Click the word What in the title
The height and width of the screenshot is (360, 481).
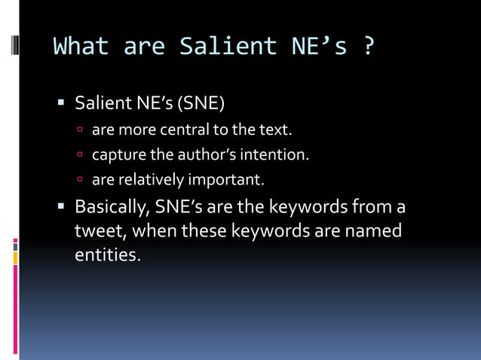click(x=81, y=46)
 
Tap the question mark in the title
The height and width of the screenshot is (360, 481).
click(x=368, y=46)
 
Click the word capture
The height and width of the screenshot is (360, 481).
click(x=119, y=155)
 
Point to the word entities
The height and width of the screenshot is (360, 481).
click(x=107, y=255)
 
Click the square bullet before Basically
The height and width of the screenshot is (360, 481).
click(x=61, y=206)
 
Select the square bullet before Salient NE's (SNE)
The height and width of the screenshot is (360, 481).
click(x=61, y=102)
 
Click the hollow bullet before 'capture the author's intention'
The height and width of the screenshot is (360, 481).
click(x=81, y=156)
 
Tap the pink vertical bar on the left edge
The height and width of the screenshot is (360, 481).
click(x=15, y=309)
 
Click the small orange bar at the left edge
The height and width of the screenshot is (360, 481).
click(x=15, y=258)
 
